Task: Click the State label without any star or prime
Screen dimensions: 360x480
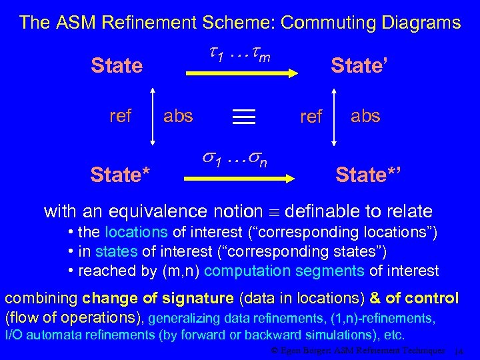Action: click(117, 66)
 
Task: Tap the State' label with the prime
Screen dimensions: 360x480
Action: click(360, 65)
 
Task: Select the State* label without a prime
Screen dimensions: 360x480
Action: click(120, 175)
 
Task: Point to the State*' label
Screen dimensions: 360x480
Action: click(368, 175)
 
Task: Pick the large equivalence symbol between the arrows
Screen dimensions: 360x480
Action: click(243, 117)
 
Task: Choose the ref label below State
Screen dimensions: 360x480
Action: click(121, 116)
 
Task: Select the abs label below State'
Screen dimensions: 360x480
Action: click(365, 116)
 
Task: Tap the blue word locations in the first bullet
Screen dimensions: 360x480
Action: click(137, 233)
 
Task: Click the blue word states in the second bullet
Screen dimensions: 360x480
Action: click(117, 252)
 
